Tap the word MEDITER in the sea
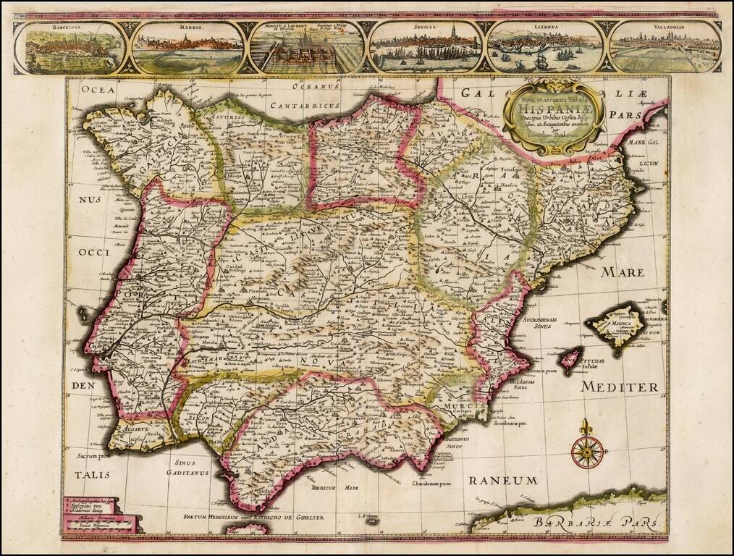620,387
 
